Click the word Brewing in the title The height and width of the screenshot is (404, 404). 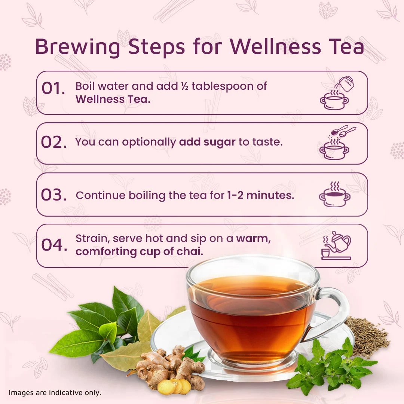coord(77,47)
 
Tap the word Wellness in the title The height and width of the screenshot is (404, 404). coord(275,47)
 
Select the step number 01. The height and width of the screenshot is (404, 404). coord(53,88)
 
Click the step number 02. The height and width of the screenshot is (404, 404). coord(54,142)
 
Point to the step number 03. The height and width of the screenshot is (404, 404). coord(54,195)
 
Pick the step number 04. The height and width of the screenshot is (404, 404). coord(54,245)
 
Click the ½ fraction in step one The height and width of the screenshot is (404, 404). coord(185,86)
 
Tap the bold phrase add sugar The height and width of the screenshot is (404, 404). coord(207,142)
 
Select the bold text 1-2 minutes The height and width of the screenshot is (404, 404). coord(260,195)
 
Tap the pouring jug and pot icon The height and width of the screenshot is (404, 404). coord(336,93)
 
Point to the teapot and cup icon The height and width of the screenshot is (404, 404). coord(336,245)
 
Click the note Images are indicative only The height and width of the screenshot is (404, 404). coord(55,393)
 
